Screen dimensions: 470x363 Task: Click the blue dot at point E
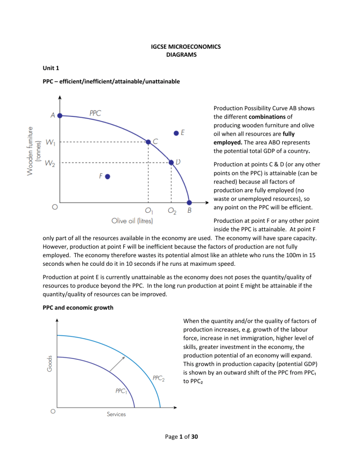176,134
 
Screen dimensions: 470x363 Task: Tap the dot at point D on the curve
171,162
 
